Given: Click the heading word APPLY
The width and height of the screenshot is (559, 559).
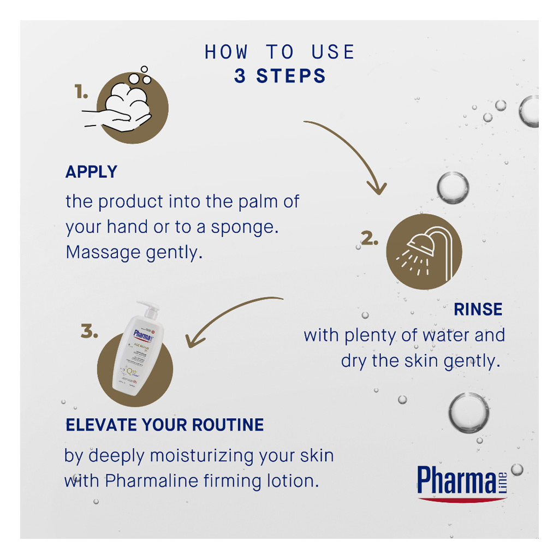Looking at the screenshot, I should click(91, 172).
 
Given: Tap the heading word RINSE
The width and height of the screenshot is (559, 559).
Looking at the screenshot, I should click(478, 309).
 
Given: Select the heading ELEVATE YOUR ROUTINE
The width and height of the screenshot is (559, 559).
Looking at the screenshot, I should click(164, 425).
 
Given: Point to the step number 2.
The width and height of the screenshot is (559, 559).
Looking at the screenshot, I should click(370, 239).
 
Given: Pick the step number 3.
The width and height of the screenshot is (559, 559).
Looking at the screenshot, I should click(90, 331).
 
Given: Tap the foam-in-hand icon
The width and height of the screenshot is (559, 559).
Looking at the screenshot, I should click(129, 107).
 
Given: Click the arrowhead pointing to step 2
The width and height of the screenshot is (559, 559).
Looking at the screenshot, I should click(376, 188).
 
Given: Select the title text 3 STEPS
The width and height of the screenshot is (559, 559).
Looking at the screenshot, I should click(279, 76).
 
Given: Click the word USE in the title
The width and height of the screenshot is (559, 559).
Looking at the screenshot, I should click(333, 52).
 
